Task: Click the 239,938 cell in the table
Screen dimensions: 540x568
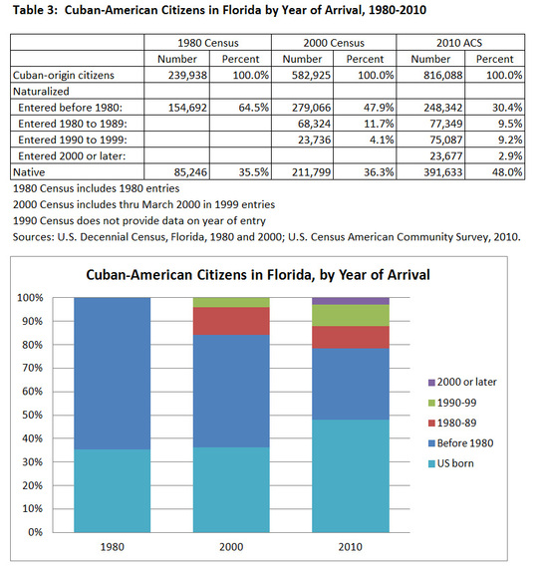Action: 187,75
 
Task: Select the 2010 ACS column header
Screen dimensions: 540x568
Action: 459,43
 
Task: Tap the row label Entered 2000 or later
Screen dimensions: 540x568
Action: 72,155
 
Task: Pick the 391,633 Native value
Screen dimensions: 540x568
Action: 443,172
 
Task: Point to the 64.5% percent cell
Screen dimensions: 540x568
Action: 253,108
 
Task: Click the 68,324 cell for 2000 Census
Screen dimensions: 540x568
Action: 315,124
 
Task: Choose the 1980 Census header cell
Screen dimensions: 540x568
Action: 208,43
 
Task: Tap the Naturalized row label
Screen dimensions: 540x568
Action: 41,92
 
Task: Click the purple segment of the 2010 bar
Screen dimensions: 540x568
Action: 351,301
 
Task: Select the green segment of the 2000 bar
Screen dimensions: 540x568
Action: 231,303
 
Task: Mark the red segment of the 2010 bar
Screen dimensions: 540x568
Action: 351,337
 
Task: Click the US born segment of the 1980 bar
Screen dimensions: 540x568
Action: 112,491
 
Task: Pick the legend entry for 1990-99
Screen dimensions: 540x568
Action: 452,403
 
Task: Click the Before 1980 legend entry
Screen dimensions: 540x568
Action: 460,443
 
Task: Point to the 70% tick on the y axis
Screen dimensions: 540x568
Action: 33,368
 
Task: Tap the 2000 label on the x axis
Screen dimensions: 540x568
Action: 231,547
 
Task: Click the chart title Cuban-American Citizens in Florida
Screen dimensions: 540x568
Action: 198,275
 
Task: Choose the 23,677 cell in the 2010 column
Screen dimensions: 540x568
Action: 446,155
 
